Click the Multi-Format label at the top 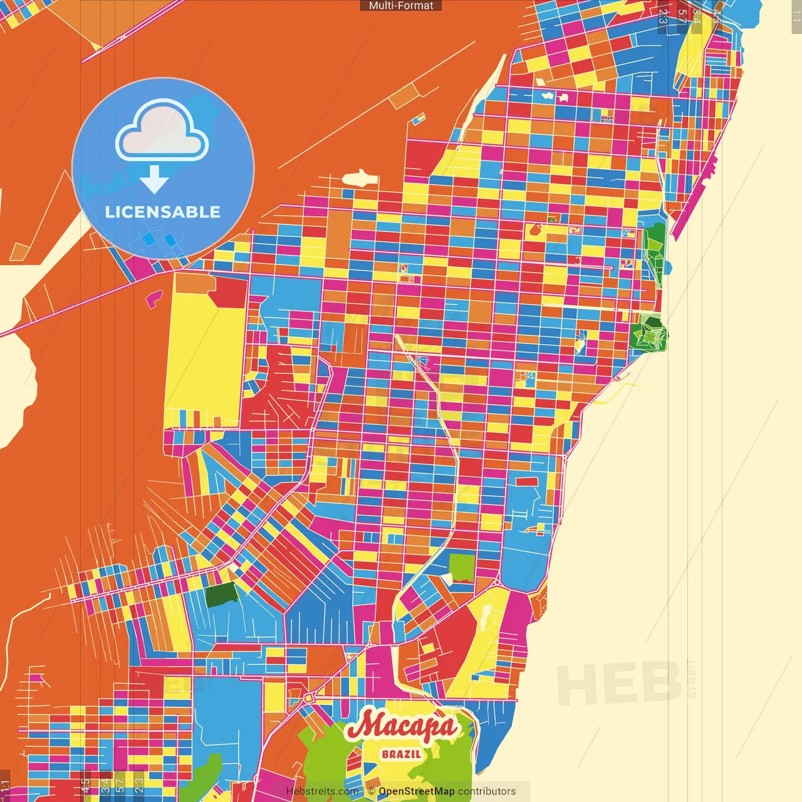coord(401,6)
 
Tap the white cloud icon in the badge coord(162,132)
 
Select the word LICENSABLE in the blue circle coord(163,212)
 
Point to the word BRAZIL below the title coord(402,754)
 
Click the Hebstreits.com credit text coord(322,791)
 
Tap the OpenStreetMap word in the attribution coord(416,791)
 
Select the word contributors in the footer coord(487,791)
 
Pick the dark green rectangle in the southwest coord(221,593)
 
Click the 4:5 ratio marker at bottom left coord(86,786)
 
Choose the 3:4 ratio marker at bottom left coord(105,786)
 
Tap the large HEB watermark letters coord(619,683)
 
